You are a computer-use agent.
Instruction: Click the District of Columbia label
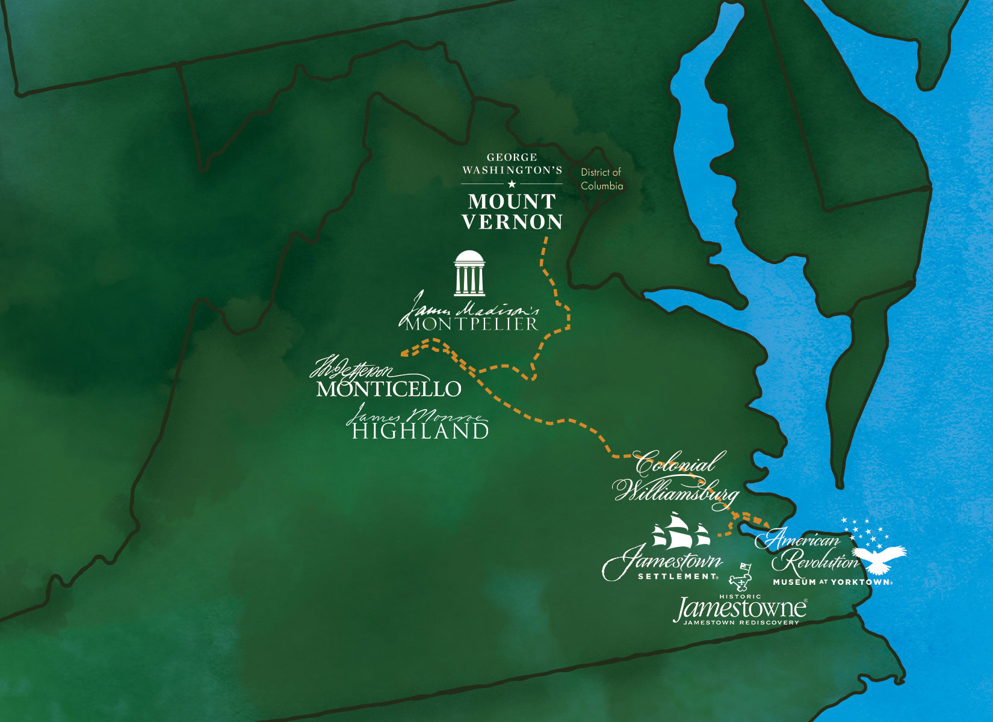point(601,179)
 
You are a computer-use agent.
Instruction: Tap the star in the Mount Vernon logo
point(512,184)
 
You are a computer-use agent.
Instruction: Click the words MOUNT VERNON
point(512,212)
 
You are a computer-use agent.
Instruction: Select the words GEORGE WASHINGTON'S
point(512,164)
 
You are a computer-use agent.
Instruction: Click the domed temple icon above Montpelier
point(469,274)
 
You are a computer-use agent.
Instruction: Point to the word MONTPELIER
point(471,324)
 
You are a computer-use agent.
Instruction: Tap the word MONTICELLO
point(389,389)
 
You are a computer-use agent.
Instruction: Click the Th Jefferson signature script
point(355,368)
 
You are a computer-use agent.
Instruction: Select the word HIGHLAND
point(420,431)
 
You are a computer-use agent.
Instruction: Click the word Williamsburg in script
point(675,491)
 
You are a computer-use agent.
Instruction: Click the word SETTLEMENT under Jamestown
point(678,576)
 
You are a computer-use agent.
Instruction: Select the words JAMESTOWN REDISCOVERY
point(741,623)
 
